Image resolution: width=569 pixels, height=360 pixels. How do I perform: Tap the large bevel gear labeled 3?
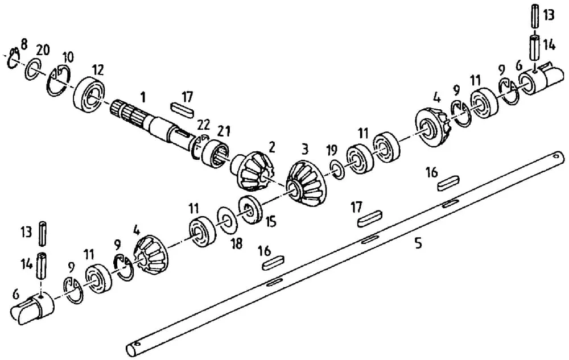point(306,184)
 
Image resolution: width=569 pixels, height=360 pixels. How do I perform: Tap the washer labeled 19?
point(337,170)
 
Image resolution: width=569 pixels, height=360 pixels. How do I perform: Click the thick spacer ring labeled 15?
point(250,209)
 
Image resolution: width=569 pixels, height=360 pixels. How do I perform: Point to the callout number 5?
point(418,243)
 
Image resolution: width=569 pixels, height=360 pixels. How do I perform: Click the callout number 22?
point(203,125)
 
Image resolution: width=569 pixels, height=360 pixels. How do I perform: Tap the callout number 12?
point(98,69)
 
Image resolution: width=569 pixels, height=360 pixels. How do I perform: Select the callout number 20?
point(43,49)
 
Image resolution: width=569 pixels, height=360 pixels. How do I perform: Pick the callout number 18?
point(236,243)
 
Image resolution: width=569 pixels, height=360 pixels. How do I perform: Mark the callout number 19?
point(332,150)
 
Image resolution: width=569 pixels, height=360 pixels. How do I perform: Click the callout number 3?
point(305,148)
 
